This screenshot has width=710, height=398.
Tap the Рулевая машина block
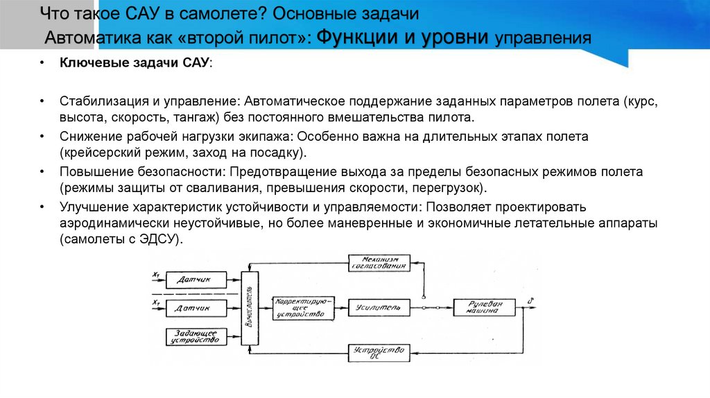point(485,306)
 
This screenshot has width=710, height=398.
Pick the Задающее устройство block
point(196,336)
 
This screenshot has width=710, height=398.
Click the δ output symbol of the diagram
point(530,300)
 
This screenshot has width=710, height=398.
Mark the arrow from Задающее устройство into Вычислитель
point(235,336)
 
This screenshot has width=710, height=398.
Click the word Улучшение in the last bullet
point(91,207)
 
